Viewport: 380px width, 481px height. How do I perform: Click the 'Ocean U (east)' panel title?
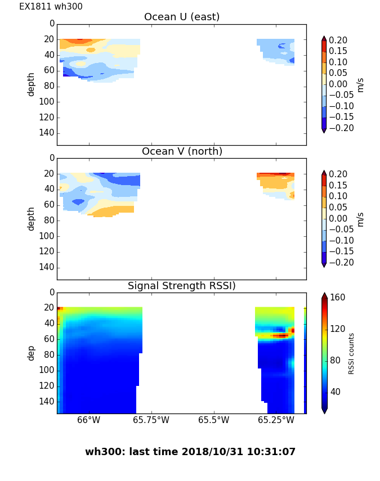182,17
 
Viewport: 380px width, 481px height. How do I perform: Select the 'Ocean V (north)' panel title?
182,151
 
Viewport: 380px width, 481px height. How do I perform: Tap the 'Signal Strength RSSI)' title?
182,286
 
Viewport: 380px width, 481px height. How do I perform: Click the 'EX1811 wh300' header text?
51,7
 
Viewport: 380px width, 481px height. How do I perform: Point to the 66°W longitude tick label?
88,420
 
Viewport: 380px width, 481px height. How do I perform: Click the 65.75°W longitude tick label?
151,420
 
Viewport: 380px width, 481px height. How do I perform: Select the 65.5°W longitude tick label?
213,420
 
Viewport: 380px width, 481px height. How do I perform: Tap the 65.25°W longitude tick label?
276,420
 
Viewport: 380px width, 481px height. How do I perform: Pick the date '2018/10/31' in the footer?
223,452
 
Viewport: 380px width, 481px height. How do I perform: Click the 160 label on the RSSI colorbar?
338,298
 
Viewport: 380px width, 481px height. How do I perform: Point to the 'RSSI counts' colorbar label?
351,353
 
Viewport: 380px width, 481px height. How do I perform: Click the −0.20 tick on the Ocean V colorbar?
340,262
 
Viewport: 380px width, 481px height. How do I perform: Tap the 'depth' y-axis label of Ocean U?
32,84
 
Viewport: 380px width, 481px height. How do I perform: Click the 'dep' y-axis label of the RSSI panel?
32,353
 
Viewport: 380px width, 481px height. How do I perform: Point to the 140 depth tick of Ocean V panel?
47,267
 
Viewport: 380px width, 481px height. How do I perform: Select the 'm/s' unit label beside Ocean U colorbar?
360,84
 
